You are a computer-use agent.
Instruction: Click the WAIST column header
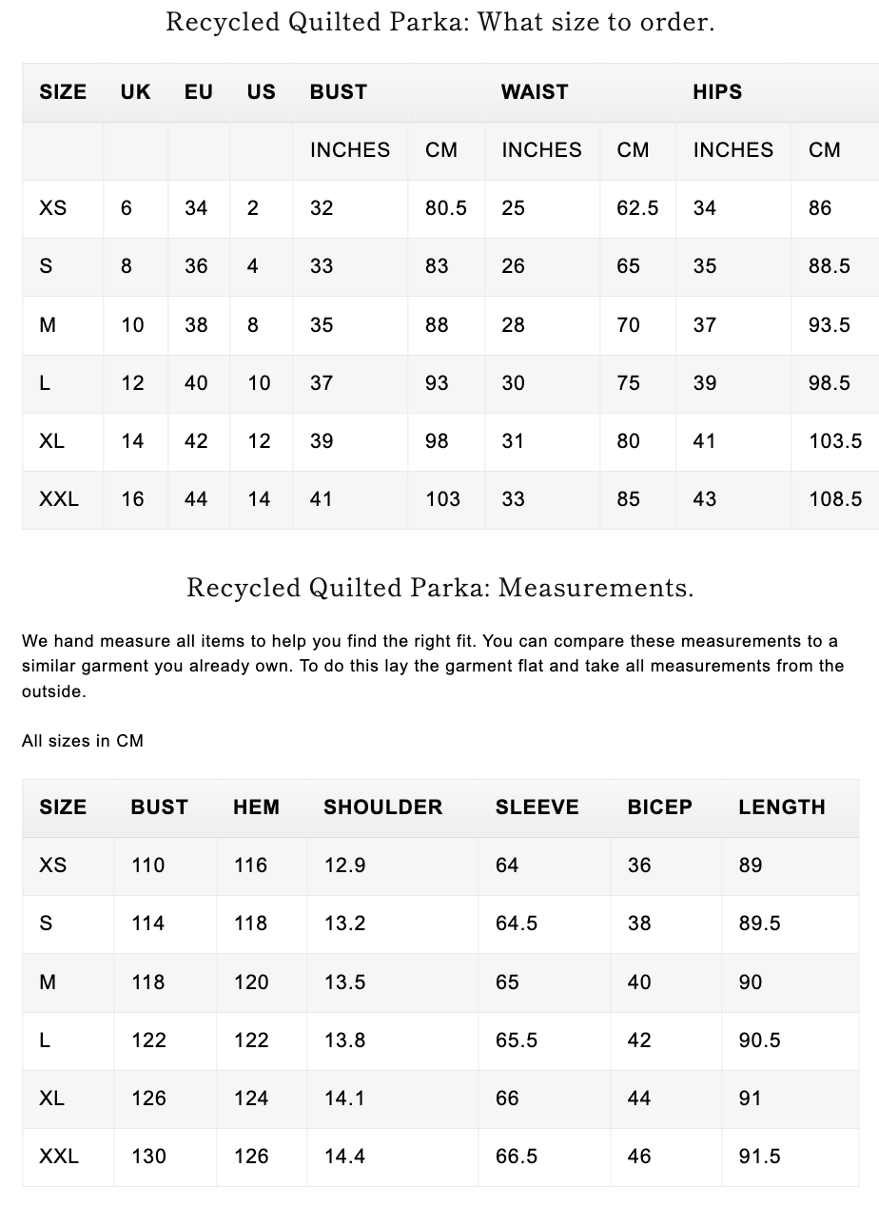(535, 92)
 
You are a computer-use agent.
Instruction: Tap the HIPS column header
(717, 92)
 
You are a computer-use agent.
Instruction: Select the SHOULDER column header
(382, 807)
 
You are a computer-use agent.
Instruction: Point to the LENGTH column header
(781, 807)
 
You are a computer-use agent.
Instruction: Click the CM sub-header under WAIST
(633, 150)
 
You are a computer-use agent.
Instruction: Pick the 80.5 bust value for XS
(445, 208)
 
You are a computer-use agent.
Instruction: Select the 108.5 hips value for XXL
(835, 499)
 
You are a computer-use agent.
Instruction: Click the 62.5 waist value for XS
(636, 208)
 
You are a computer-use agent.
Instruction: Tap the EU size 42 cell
(196, 441)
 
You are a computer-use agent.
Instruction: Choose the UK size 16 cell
(132, 499)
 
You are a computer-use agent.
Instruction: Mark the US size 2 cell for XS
(252, 208)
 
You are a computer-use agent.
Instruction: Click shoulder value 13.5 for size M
(344, 982)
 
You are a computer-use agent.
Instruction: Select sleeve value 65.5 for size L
(516, 1041)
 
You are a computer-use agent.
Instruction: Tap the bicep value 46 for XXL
(639, 1157)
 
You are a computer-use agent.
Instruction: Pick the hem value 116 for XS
(250, 866)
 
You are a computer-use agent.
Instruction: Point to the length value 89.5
(759, 924)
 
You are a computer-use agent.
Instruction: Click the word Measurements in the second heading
(596, 588)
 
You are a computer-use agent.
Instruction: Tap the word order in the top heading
(679, 22)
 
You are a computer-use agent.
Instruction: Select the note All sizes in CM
(83, 741)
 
